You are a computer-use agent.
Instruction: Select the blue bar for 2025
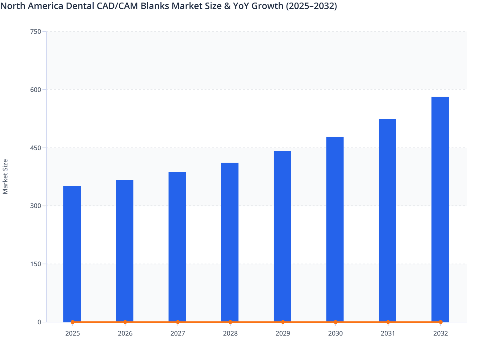point(72,254)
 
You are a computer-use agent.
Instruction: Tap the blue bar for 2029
point(282,236)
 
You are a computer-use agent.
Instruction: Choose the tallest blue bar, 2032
point(440,209)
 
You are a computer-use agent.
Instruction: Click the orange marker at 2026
point(125,322)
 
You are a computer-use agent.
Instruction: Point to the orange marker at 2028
point(230,322)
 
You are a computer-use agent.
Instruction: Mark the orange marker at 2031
point(388,322)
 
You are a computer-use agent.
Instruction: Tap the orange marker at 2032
point(441,322)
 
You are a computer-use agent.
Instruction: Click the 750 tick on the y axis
point(35,32)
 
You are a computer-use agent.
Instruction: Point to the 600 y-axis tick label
point(35,90)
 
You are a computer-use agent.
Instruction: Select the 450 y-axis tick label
point(35,148)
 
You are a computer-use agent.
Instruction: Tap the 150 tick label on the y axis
point(35,264)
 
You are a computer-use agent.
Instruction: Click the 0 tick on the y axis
point(39,322)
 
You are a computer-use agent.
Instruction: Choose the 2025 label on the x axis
point(73,333)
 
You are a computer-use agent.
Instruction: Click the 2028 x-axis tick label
point(230,333)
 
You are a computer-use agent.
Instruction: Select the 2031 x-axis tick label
point(388,333)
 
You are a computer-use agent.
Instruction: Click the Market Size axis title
point(5,176)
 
